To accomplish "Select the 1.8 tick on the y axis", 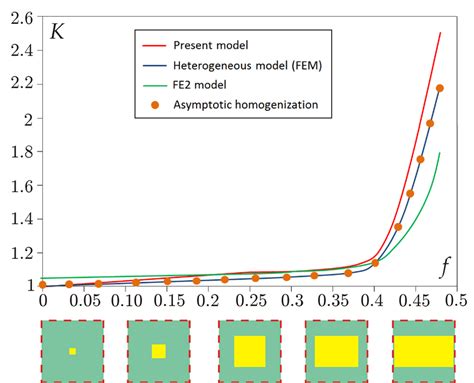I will point(19,152).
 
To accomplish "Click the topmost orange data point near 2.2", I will point(439,89).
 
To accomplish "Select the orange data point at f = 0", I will point(42,285).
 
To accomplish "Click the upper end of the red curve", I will point(440,33).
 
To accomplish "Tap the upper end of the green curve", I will point(441,174).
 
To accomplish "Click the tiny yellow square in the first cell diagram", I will point(72,351).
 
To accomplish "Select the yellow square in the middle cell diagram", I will point(249,351).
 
